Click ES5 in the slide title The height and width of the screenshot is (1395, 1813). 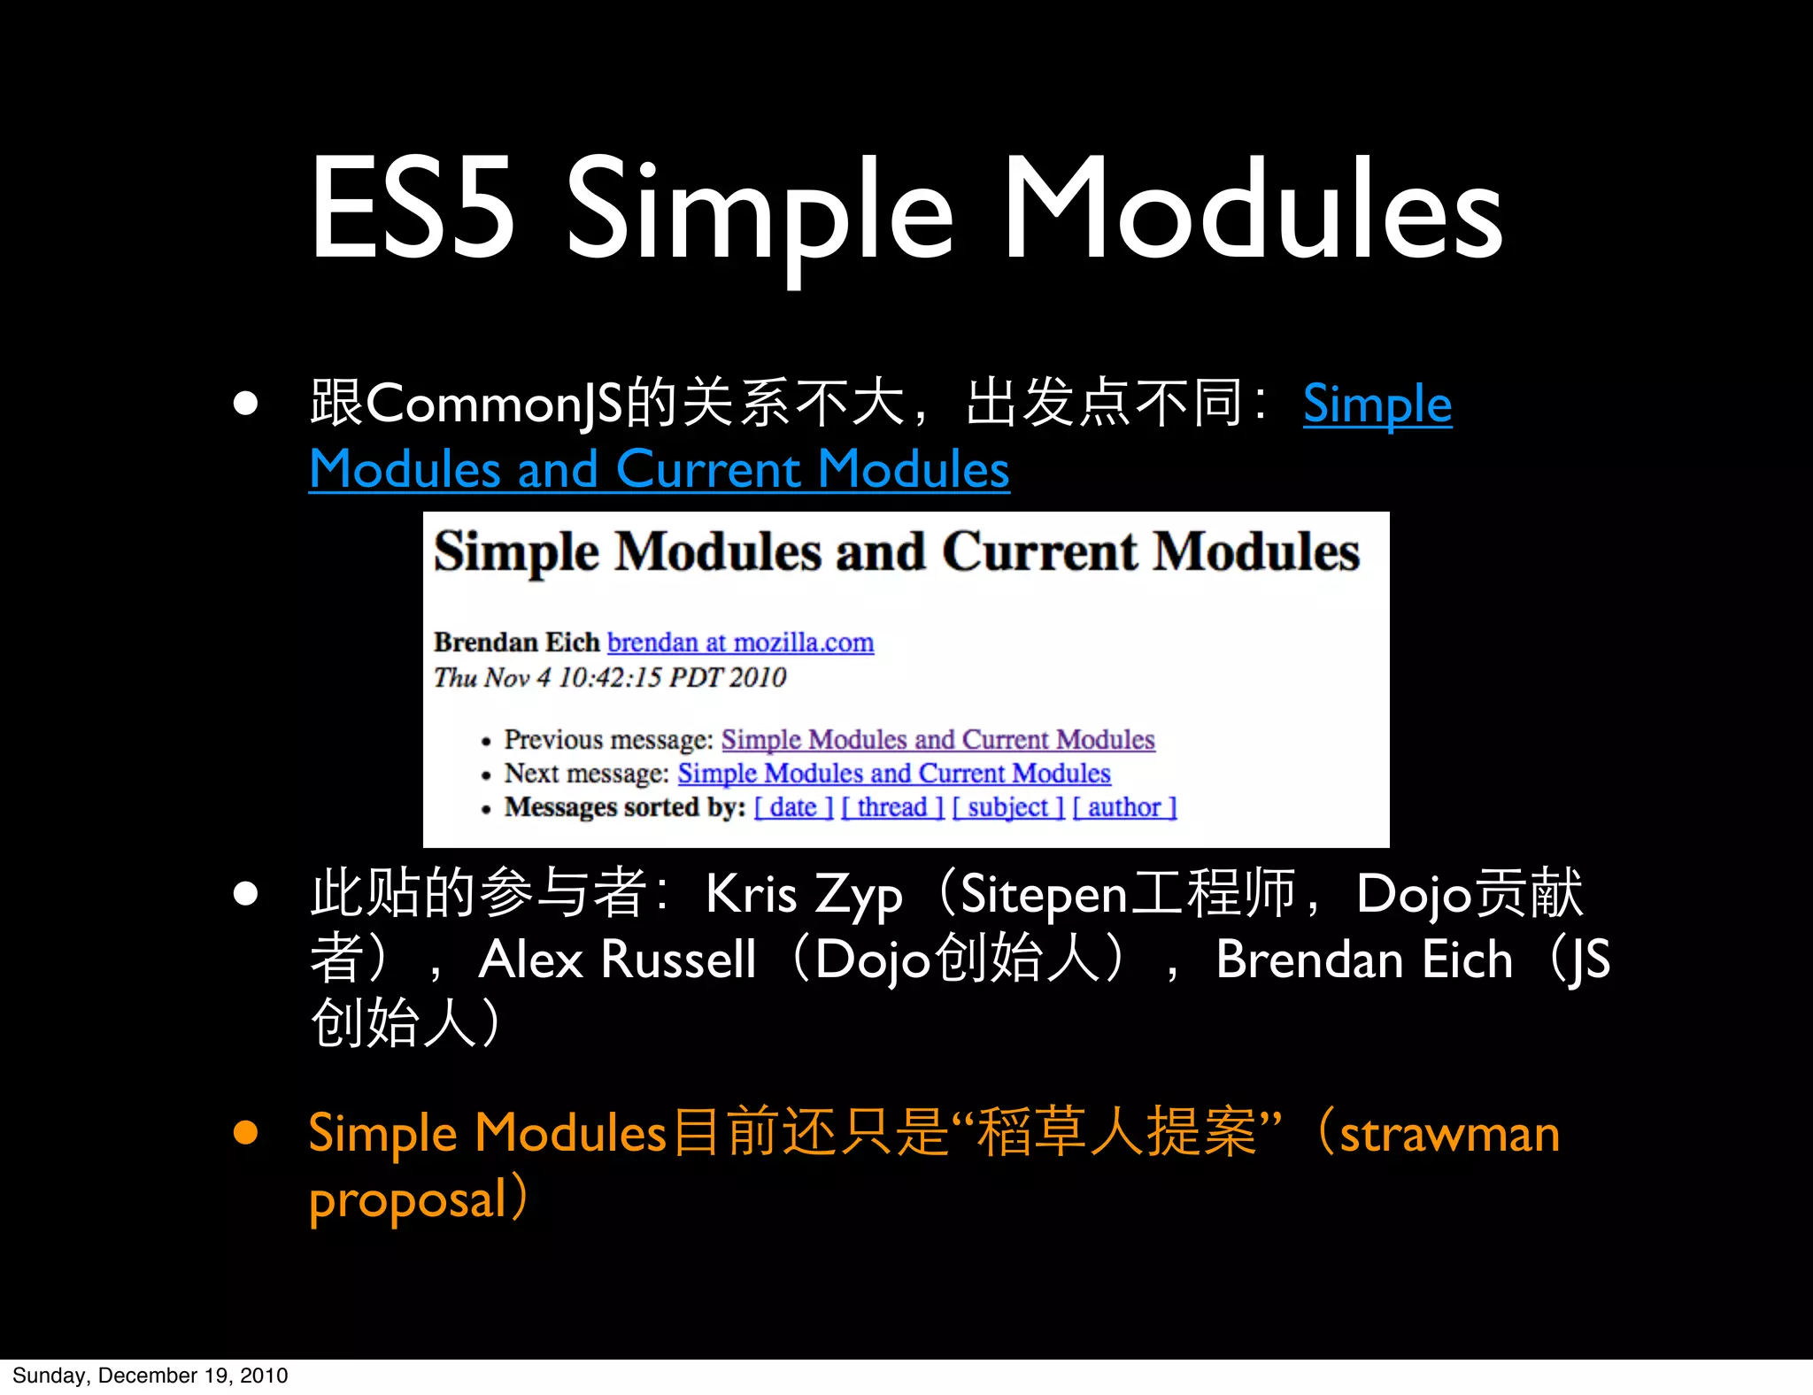(x=413, y=209)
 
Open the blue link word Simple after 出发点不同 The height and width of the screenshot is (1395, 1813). (x=1377, y=404)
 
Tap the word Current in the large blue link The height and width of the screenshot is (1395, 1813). (x=708, y=469)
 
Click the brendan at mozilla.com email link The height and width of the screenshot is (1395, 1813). (x=740, y=642)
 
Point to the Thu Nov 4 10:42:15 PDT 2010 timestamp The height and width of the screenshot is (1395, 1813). (x=609, y=677)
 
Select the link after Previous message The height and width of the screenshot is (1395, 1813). (x=937, y=739)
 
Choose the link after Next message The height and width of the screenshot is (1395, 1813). (x=893, y=774)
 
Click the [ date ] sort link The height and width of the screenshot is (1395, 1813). (x=793, y=807)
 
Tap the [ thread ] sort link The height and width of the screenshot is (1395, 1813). (x=891, y=807)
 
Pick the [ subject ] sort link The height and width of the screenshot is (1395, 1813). (x=1007, y=807)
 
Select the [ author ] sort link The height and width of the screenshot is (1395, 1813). (x=1124, y=807)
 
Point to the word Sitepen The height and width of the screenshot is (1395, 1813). (x=1043, y=894)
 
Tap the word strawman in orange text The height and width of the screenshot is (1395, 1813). (x=1449, y=1134)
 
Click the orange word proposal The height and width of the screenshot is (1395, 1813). (x=407, y=1200)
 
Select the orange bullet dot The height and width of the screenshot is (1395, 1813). (x=245, y=1133)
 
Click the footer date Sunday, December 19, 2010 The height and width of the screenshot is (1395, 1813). (x=150, y=1376)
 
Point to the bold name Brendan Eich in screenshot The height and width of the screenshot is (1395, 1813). (x=516, y=642)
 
